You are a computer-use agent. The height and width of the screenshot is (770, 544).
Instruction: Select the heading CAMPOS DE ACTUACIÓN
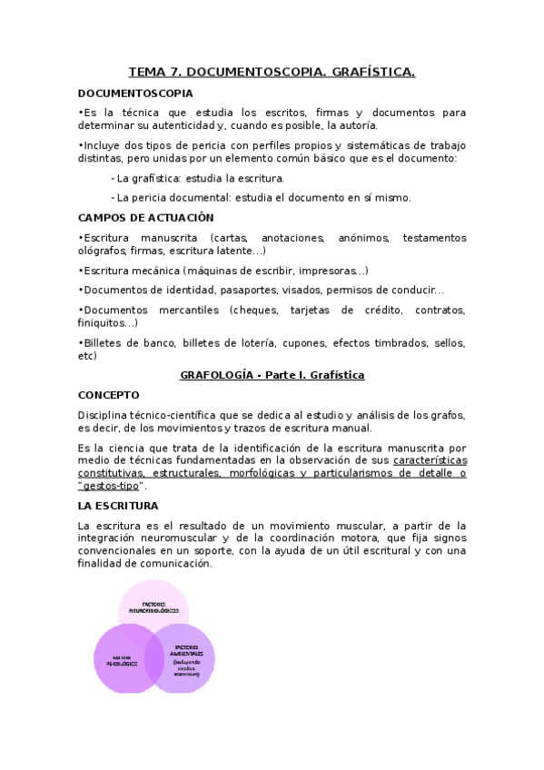pyautogui.click(x=145, y=217)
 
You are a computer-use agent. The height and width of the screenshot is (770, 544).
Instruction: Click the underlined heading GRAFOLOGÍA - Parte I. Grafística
pyautogui.click(x=272, y=374)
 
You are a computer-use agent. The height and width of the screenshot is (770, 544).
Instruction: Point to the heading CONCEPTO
pyautogui.click(x=109, y=395)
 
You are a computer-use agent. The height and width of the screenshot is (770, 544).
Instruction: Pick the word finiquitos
pyautogui.click(x=104, y=322)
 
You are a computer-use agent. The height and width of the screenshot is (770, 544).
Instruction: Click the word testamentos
pyautogui.click(x=434, y=238)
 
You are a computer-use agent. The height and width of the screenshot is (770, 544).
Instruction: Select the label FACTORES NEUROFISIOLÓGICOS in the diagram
pyautogui.click(x=155, y=607)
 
